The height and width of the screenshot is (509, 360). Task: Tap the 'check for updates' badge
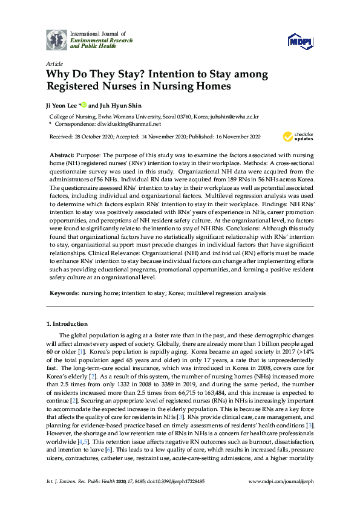tap(302, 135)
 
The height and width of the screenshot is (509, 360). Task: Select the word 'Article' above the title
tap(54, 63)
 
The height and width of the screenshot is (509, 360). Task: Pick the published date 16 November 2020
tap(233, 137)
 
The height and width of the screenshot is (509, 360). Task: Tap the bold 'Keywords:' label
tap(64, 293)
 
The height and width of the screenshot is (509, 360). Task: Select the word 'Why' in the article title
tap(59, 75)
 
